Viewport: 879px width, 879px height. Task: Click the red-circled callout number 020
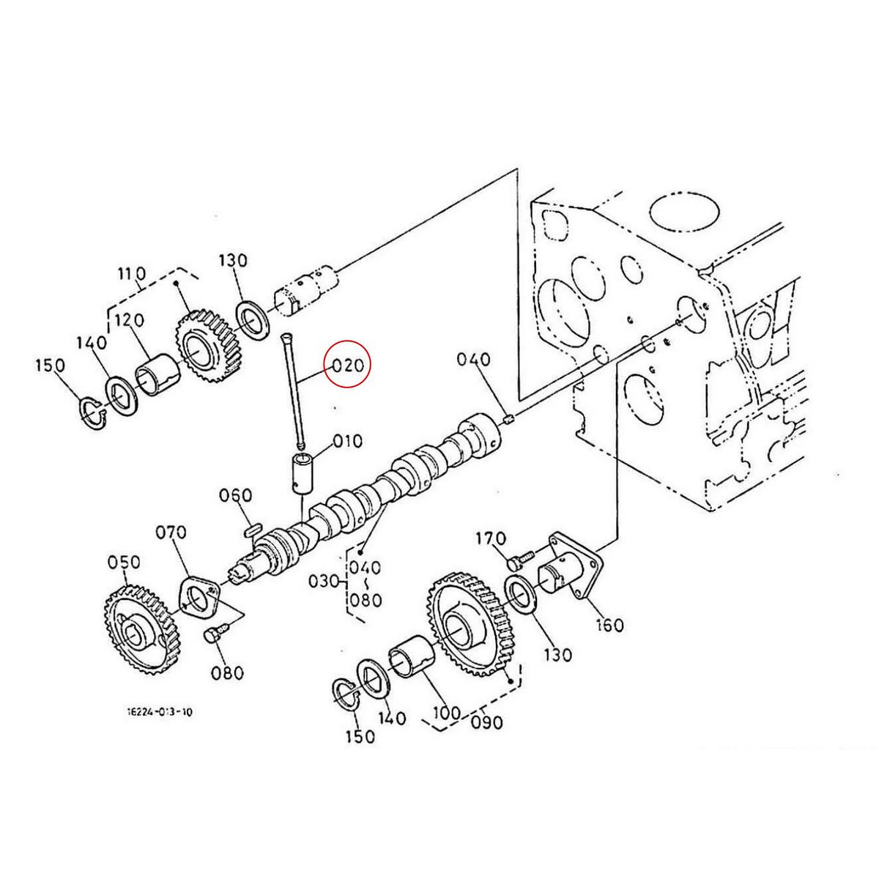click(x=348, y=366)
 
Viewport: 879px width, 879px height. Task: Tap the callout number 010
click(x=347, y=442)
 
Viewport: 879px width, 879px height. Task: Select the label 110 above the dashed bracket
click(x=132, y=274)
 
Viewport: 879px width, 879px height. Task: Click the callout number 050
click(x=124, y=562)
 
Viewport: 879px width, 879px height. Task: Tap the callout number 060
click(x=236, y=496)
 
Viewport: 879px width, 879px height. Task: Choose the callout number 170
click(x=491, y=539)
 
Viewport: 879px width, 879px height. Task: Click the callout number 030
click(x=323, y=582)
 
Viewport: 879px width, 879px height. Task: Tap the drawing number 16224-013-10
click(x=159, y=711)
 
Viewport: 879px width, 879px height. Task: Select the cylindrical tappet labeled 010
click(x=303, y=474)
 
